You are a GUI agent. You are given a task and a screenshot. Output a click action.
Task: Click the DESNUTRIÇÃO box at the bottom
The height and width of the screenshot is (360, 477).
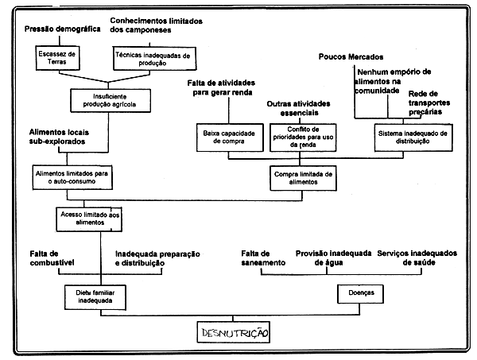[235, 331]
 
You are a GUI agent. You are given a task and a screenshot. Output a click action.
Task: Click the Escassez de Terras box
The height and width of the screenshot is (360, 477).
[57, 57]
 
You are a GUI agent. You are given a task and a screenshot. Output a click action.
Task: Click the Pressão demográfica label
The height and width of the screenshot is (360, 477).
[63, 29]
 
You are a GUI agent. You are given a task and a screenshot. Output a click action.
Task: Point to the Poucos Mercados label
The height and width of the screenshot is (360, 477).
[351, 57]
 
